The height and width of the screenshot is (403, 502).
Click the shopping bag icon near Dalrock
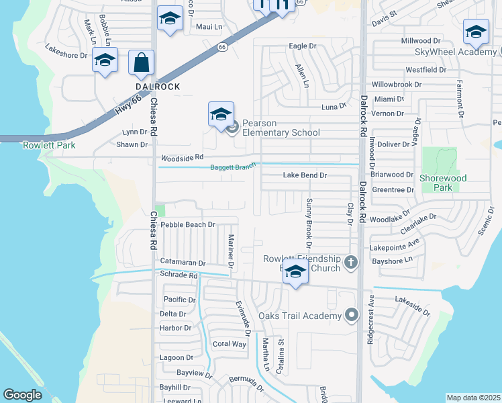(141, 64)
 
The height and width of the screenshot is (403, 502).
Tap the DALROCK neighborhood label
(158, 87)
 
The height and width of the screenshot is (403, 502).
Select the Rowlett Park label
(49, 145)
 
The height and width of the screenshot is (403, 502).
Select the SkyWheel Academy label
(454, 52)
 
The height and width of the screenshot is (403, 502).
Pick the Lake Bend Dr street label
(305, 175)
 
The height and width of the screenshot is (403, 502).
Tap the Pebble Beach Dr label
(188, 224)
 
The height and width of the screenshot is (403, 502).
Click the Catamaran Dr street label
(183, 262)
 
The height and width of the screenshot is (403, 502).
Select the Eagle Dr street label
(302, 46)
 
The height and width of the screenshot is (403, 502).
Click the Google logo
(22, 395)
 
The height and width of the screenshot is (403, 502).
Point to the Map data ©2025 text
(473, 398)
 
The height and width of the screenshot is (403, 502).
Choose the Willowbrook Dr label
(397, 85)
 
